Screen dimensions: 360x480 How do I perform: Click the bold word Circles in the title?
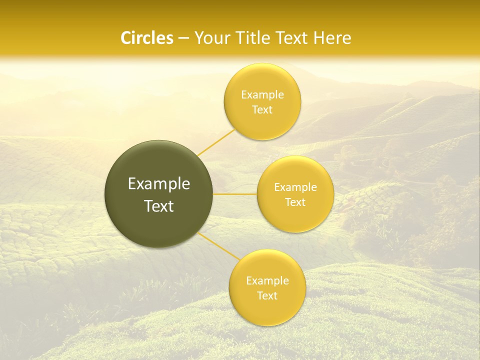[147, 38]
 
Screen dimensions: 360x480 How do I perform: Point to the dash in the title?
[183, 38]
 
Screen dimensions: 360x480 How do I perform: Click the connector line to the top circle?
[216, 142]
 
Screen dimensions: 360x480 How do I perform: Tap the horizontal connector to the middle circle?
[235, 194]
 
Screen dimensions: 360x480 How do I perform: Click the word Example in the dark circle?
[159, 184]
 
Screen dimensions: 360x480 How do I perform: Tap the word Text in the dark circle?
[159, 206]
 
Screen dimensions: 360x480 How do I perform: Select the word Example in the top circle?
[262, 95]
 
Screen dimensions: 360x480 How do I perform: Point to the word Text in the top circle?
[262, 110]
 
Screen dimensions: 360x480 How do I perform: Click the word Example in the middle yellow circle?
[295, 187]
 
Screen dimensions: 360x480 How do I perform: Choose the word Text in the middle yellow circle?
[295, 202]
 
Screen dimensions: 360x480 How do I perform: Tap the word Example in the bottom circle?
[267, 281]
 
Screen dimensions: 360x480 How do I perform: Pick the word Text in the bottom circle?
[267, 296]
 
